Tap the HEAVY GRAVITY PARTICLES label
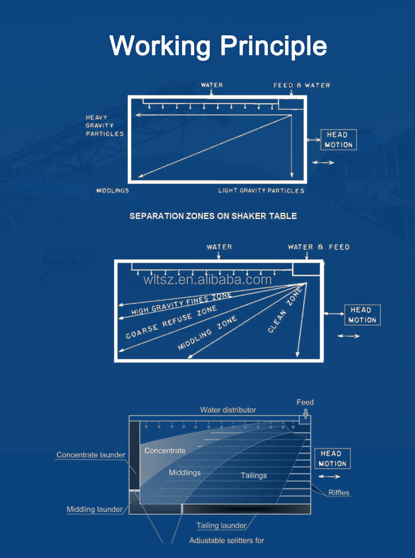[x=105, y=125]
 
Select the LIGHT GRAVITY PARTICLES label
[x=261, y=191]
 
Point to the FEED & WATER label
[x=302, y=86]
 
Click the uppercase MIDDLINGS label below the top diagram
[x=113, y=191]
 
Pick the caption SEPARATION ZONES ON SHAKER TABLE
[x=213, y=216]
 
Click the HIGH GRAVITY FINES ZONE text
[x=181, y=303]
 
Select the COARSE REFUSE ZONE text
[x=172, y=323]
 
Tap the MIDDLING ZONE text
[x=207, y=333]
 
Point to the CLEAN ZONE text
[x=285, y=310]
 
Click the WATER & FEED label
[x=319, y=247]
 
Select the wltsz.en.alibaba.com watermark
[x=207, y=280]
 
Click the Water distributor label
[x=228, y=410]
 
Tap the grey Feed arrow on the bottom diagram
[x=305, y=413]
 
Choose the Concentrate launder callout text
[x=91, y=455]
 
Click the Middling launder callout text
[x=95, y=509]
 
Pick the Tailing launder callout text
[x=221, y=525]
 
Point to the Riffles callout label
[x=339, y=493]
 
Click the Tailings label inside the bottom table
[x=254, y=476]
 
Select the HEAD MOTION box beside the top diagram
[x=338, y=140]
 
